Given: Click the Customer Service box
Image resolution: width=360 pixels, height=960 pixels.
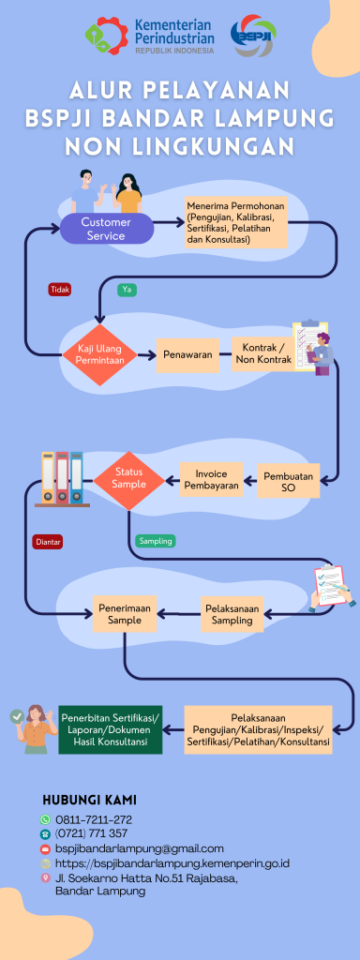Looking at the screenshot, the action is click(106, 229).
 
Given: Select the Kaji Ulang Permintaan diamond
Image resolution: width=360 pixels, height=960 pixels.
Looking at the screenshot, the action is click(99, 354).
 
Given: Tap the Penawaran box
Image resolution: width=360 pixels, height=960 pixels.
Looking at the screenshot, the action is click(187, 355).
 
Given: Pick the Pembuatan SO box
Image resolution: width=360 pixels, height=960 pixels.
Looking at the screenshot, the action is click(289, 481).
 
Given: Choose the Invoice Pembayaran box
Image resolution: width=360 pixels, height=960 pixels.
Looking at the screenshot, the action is click(211, 479).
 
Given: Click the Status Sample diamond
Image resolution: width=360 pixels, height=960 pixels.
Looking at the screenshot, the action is click(129, 479).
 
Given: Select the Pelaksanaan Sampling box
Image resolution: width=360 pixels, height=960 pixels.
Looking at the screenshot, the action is click(232, 614).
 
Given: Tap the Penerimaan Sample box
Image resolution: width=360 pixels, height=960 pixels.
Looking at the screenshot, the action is click(125, 613).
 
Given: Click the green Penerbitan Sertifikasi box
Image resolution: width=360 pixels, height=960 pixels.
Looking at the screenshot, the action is click(111, 729).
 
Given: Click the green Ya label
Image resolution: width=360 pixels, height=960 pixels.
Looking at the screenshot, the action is click(127, 290).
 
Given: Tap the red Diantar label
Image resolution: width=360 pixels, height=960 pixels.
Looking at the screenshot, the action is click(49, 542).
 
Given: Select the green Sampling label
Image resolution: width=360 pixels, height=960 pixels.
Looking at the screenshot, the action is click(156, 541).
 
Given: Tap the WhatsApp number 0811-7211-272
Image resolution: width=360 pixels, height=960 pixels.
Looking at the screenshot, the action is click(94, 819).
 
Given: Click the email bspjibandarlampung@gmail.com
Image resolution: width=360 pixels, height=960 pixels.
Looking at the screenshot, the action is click(140, 848).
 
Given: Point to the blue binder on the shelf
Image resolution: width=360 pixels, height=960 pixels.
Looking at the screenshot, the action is click(77, 477).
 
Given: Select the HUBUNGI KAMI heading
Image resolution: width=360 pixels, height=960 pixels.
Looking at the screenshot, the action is click(89, 801).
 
